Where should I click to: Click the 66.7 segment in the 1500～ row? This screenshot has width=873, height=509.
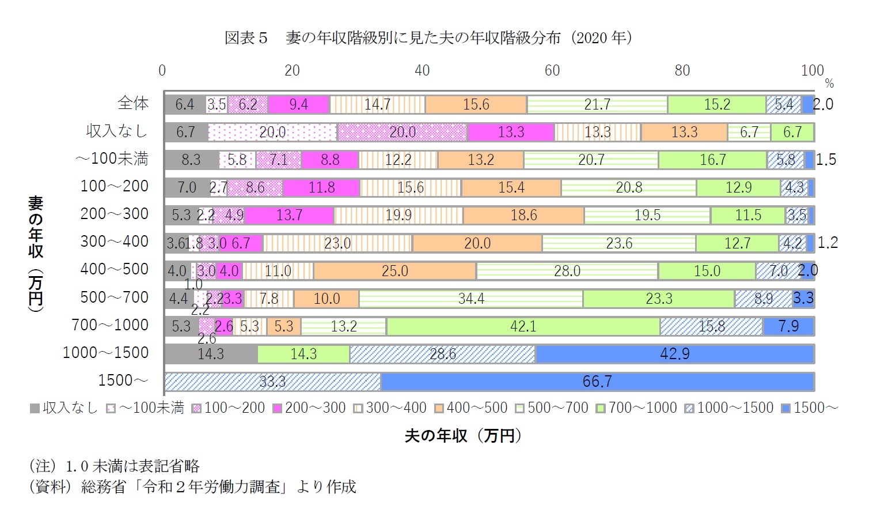click(x=597, y=382)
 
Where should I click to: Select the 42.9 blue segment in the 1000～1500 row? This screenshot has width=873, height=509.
click(x=674, y=354)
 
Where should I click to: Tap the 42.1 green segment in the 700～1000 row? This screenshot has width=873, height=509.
click(x=523, y=326)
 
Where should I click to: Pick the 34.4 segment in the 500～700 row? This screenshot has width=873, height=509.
click(x=470, y=299)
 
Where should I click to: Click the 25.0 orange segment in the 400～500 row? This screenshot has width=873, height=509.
click(x=394, y=271)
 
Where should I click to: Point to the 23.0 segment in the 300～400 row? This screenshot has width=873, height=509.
click(x=337, y=243)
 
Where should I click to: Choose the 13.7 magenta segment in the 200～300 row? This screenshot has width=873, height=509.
click(x=289, y=216)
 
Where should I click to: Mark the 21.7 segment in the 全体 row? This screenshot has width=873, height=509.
click(x=597, y=104)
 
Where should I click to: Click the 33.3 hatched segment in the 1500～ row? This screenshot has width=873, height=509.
click(x=272, y=382)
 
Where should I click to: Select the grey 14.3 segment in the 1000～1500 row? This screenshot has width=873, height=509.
click(x=210, y=354)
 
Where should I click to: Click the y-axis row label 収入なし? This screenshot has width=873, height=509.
click(x=117, y=131)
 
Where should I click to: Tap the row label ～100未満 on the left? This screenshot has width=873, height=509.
click(x=112, y=159)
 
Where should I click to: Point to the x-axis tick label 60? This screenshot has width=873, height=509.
click(x=552, y=70)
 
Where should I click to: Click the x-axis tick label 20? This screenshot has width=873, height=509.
click(x=292, y=70)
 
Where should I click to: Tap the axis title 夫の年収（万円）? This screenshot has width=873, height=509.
click(x=463, y=436)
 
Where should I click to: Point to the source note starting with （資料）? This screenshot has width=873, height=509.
click(x=192, y=487)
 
